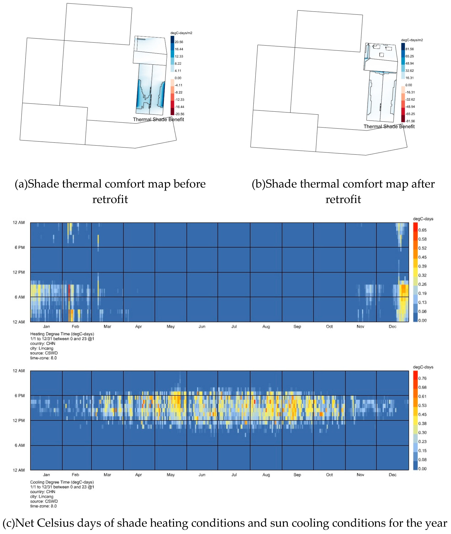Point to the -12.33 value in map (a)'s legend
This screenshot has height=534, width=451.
coord(179,100)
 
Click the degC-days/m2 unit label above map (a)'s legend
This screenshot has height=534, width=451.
coord(181,33)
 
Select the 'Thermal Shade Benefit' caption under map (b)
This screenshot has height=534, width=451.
coord(389,126)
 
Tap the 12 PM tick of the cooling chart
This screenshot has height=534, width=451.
coord(19,420)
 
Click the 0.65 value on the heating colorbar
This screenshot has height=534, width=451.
coord(422,230)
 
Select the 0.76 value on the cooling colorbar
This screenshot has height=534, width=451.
coord(422,378)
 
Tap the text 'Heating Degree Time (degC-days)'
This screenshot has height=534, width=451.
coord(62,334)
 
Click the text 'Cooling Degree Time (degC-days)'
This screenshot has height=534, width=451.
coord(62,482)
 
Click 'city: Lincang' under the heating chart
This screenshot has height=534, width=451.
coord(42,348)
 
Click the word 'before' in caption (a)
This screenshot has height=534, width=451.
coord(189,184)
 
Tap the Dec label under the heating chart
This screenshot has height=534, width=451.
coord(392,326)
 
